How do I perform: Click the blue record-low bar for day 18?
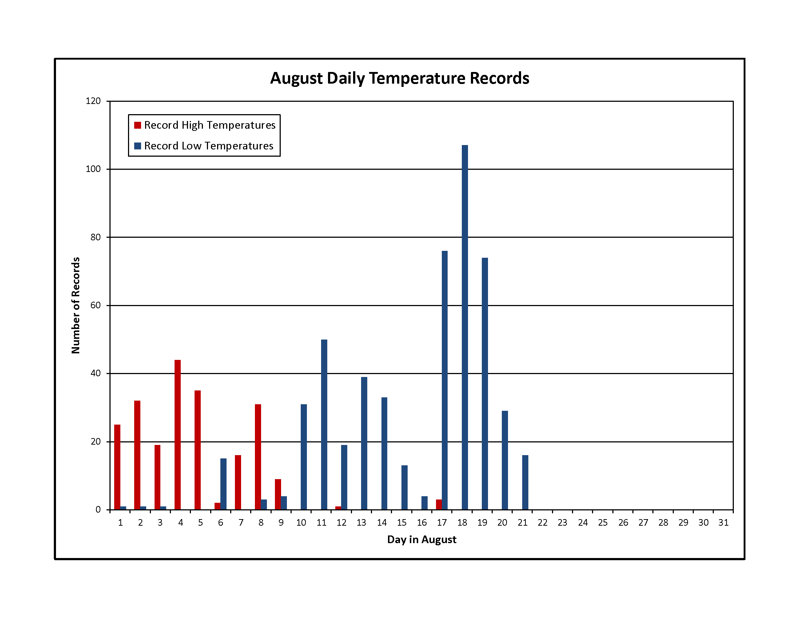click(x=464, y=327)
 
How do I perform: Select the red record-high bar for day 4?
click(x=178, y=434)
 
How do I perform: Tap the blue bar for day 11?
click(x=324, y=424)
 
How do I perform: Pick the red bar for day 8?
click(x=258, y=457)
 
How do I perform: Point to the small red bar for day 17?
click(x=439, y=505)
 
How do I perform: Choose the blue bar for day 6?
click(x=223, y=484)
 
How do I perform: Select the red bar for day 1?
click(x=117, y=467)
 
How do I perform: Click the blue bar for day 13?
click(x=364, y=444)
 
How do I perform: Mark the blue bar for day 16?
click(x=424, y=503)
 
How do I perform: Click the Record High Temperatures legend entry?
click(x=205, y=125)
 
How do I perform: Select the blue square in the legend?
click(x=138, y=146)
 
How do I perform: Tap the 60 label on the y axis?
click(x=95, y=305)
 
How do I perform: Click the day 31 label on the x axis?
click(x=723, y=523)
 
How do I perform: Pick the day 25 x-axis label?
click(x=603, y=523)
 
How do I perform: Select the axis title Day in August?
click(x=421, y=539)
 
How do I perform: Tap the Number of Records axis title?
click(x=76, y=305)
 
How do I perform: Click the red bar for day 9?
click(x=278, y=494)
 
